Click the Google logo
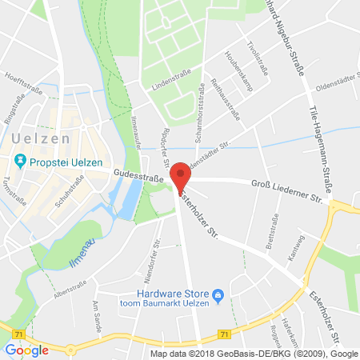26,349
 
